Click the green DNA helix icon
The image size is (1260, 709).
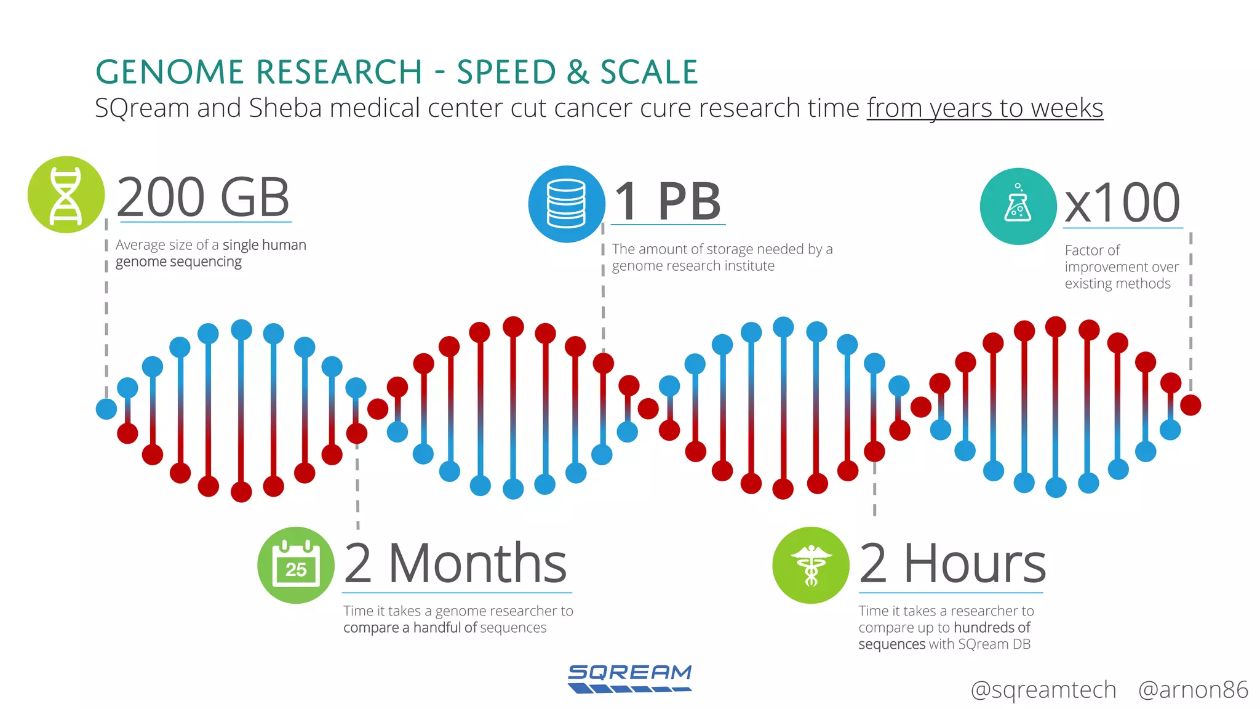66,194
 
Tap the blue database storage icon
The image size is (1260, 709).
566,204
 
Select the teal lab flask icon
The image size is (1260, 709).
1018,206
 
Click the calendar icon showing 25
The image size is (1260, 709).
296,565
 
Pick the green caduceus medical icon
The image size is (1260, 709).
811,565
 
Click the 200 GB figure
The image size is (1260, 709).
203,198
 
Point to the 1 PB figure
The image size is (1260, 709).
668,202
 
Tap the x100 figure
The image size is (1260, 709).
1122,203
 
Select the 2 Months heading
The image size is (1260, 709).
456,564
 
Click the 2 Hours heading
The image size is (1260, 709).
952,564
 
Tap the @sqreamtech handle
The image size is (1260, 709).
1043,689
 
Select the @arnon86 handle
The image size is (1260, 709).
1193,689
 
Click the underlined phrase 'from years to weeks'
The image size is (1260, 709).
984,108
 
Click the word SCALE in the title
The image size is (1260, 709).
649,72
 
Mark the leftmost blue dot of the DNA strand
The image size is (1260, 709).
106,409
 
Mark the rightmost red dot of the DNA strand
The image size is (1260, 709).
1190,405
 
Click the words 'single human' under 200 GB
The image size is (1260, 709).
264,245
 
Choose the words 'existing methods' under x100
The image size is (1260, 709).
1117,284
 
